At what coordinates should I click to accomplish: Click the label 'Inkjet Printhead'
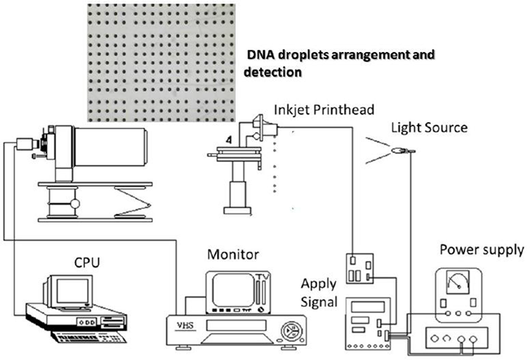coord(324,110)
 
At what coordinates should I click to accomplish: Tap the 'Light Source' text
coord(430,128)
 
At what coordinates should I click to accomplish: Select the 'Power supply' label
coord(482,250)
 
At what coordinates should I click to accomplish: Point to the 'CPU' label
coord(87,262)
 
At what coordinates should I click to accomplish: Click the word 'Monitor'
coord(233,255)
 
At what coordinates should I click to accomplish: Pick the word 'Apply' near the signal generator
coord(319,285)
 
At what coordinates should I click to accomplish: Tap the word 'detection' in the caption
coord(272,72)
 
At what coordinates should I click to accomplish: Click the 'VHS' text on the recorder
coord(185,325)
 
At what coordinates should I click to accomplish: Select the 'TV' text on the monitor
coord(262,276)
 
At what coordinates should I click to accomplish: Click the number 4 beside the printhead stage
coord(229,140)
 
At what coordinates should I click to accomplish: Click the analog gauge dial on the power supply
coord(458,282)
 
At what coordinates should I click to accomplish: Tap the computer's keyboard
coord(88,337)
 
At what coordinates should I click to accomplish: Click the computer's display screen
coord(72,291)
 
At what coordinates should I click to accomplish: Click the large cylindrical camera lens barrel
coord(110,147)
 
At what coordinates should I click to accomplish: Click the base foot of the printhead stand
coord(237,211)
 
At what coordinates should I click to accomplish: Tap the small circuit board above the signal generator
coord(359,268)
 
